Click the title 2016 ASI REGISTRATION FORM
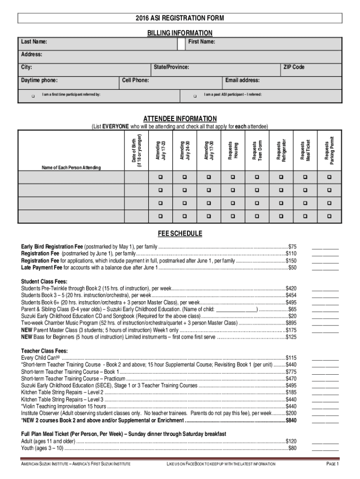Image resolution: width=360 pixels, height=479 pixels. [x=180, y=18]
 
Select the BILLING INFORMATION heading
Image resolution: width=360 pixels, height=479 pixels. [x=180, y=33]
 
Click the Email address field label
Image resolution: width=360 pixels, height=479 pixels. [x=242, y=80]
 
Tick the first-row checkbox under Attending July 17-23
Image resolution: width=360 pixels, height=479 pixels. [x=160, y=177]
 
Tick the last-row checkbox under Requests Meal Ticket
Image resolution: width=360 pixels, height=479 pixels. [x=305, y=217]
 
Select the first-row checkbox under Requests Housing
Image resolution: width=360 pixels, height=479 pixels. [x=233, y=177]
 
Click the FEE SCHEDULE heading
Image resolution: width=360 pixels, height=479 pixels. [x=180, y=233]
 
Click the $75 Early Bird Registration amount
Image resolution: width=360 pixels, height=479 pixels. [x=292, y=246]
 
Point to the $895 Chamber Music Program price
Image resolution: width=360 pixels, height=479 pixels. [x=291, y=323]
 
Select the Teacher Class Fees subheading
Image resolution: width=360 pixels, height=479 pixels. [x=44, y=350]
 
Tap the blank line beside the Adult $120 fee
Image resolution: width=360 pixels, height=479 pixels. [x=325, y=441]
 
